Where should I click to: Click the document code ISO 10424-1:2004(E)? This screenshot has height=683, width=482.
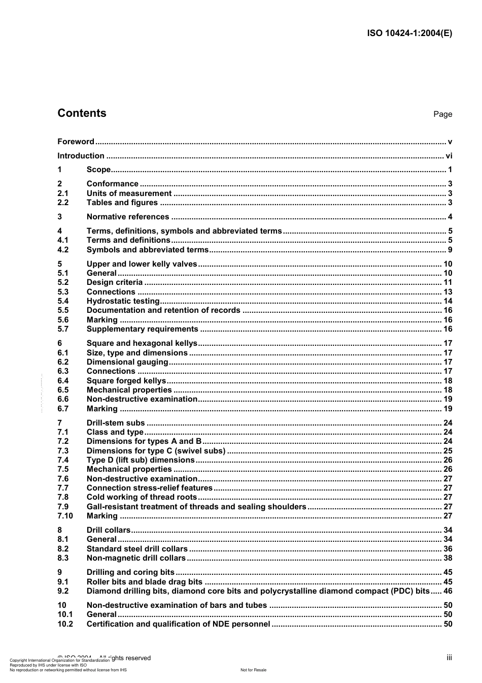point(409,34)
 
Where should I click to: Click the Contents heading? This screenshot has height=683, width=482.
point(82,113)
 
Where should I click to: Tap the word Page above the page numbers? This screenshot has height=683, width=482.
point(442,114)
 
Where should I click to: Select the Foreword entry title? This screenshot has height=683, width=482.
point(76,142)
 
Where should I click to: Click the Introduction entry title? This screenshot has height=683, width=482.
point(81,156)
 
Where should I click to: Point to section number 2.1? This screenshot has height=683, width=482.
point(63,193)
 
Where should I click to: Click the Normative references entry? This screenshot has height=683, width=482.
point(128,217)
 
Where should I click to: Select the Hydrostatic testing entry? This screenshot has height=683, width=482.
point(123,301)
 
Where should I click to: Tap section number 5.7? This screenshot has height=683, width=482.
point(63,329)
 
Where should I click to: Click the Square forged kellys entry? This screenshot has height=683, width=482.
point(126,381)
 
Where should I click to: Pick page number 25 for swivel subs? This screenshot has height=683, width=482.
point(447,451)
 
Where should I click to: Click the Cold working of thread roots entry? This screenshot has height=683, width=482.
point(142,497)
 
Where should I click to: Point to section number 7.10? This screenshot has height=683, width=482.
point(65,516)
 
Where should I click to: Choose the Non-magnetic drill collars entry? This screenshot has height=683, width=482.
point(136,558)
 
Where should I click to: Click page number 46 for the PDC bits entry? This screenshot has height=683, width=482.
point(447,591)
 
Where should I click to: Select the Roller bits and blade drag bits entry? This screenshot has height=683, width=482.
point(145,582)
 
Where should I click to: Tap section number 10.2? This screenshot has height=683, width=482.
point(65,624)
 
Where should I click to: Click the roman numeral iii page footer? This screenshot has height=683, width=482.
point(449,658)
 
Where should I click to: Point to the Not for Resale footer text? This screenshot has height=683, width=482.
point(253,670)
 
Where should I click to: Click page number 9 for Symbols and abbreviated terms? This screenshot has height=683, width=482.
point(450,250)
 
